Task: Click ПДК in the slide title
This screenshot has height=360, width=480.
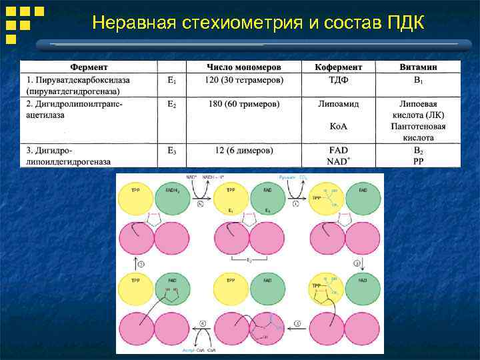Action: coord(405,23)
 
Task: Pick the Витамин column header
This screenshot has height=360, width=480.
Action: coord(418,67)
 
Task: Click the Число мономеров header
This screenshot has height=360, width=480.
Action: coord(243,67)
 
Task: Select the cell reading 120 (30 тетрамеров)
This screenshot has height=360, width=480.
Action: coord(243,80)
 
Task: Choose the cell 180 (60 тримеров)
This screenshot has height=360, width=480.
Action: coord(243,104)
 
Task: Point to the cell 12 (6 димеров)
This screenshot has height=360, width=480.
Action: coord(243,150)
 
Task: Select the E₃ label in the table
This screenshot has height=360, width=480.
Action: coord(171,150)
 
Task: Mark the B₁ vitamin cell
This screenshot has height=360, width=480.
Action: coord(418,80)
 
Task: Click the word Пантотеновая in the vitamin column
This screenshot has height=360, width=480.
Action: coord(418,126)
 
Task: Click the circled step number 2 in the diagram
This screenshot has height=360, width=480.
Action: coord(357,263)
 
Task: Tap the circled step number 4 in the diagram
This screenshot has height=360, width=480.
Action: coord(204,325)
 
